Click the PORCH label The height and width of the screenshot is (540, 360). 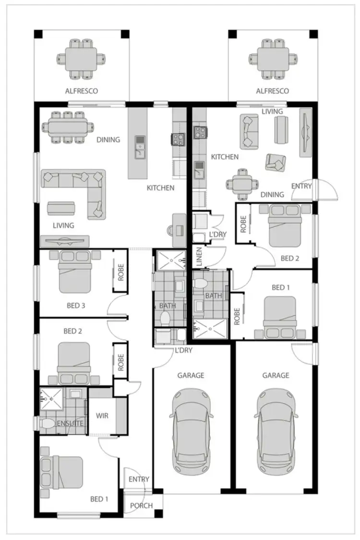click(x=142, y=505)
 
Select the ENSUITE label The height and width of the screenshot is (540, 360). click(x=71, y=424)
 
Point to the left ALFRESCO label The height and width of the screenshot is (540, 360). click(x=82, y=91)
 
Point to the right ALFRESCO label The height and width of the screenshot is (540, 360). click(x=272, y=91)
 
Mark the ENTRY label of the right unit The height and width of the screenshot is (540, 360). click(x=301, y=186)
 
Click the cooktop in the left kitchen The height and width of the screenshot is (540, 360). click(x=179, y=139)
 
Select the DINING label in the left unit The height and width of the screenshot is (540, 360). click(x=108, y=140)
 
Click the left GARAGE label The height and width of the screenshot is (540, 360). click(x=191, y=375)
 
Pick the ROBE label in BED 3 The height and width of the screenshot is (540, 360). click(x=121, y=272)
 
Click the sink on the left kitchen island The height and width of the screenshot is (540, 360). click(x=140, y=146)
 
